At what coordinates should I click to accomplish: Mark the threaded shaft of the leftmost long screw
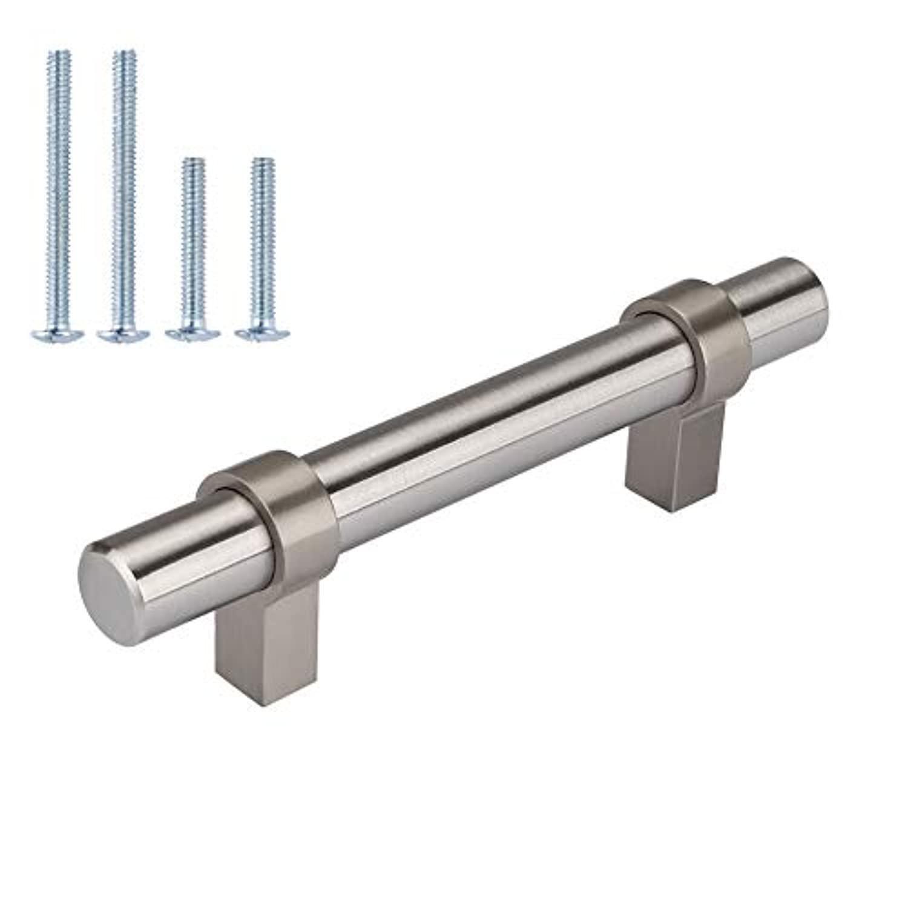[59, 182]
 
